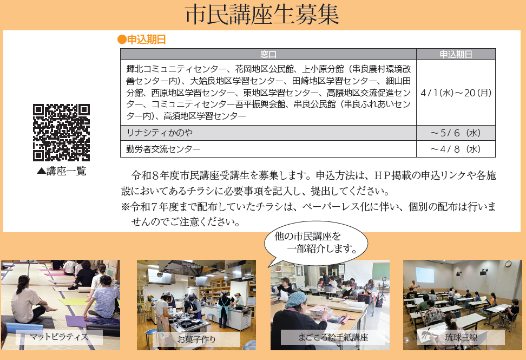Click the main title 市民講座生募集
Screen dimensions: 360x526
[x=262, y=15]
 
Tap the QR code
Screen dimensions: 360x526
[x=61, y=132]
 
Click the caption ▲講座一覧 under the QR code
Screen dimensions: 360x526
[x=61, y=171]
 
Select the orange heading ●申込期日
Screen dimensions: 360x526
[x=141, y=40]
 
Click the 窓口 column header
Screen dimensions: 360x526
[x=268, y=54]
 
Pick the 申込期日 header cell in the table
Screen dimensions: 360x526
[x=456, y=54]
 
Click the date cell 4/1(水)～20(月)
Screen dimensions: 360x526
[x=456, y=93]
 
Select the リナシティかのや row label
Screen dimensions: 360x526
[x=159, y=133]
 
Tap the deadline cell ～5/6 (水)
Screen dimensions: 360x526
[x=456, y=133]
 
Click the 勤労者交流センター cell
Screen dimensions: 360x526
[x=163, y=149]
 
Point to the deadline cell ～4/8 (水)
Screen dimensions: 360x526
[x=456, y=149]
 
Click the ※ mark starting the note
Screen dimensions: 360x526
[x=125, y=207]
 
